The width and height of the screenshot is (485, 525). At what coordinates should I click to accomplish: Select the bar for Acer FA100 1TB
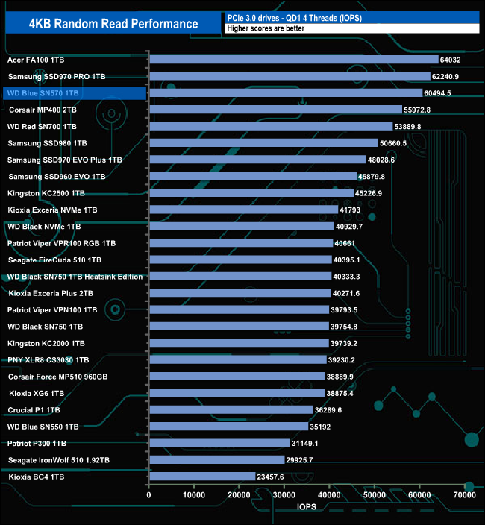294,60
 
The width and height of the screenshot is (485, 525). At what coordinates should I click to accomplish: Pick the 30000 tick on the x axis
284,495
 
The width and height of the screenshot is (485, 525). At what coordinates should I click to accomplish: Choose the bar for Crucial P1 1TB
231,410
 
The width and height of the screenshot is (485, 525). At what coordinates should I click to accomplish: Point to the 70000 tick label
465,495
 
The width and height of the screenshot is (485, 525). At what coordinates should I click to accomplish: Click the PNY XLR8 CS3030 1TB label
48,360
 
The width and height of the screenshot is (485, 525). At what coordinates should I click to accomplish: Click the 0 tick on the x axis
149,495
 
